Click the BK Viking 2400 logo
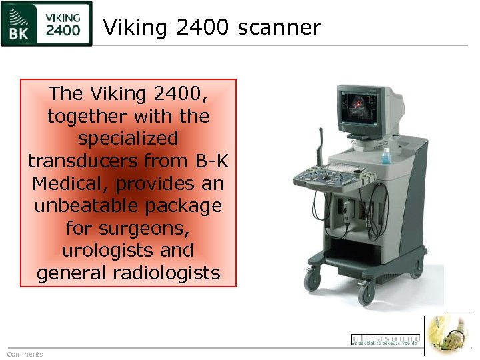(46, 24)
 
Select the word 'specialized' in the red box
(128, 139)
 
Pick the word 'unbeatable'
(87, 206)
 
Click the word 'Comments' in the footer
(25, 354)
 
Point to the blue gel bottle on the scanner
(386, 155)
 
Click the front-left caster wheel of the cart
(312, 281)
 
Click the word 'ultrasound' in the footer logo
(385, 339)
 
